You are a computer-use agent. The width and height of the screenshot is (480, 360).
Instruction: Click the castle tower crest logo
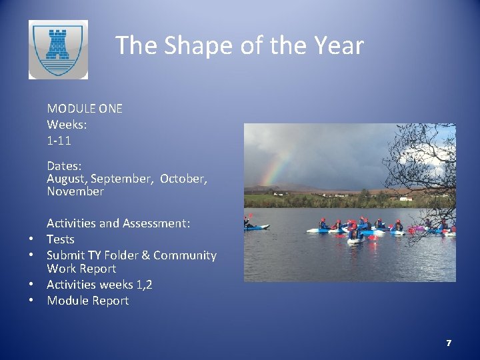tap(58, 49)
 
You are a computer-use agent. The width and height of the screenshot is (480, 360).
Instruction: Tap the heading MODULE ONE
tap(85, 108)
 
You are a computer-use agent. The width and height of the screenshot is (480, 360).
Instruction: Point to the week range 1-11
tap(59, 141)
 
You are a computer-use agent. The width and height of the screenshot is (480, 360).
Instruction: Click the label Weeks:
tap(67, 125)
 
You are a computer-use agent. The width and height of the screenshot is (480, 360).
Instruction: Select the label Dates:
tap(65, 165)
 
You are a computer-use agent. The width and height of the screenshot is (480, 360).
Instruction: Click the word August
tap(67, 179)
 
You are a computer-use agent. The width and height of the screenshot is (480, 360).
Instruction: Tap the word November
tap(75, 191)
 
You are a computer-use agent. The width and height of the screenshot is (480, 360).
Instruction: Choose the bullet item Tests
tap(61, 239)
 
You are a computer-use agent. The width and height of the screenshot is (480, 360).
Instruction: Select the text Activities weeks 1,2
tap(99, 285)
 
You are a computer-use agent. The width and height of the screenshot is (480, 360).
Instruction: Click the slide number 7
tap(449, 343)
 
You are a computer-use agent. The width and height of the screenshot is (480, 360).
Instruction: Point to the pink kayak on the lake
tap(417, 229)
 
